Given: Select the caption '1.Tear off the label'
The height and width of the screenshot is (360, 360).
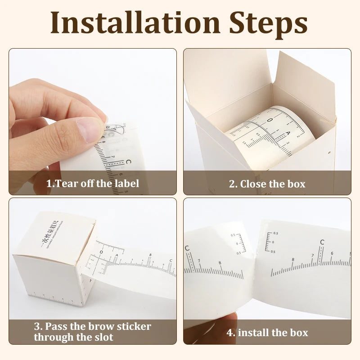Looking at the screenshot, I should tap(93, 183).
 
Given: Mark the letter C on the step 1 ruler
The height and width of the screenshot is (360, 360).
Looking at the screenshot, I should tap(128, 161).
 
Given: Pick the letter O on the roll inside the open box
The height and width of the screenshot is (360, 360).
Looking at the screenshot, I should tap(269, 120).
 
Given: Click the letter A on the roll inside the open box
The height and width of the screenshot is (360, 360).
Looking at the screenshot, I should tap(288, 134).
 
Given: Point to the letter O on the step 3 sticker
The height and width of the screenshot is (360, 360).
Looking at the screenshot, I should tap(101, 252).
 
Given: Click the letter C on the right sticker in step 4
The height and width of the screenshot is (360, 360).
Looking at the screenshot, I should tap(322, 242).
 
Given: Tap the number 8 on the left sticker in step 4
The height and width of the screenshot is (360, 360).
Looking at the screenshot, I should tap(220, 263).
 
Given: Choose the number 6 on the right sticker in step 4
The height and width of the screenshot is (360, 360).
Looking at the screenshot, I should tap(332, 253).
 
